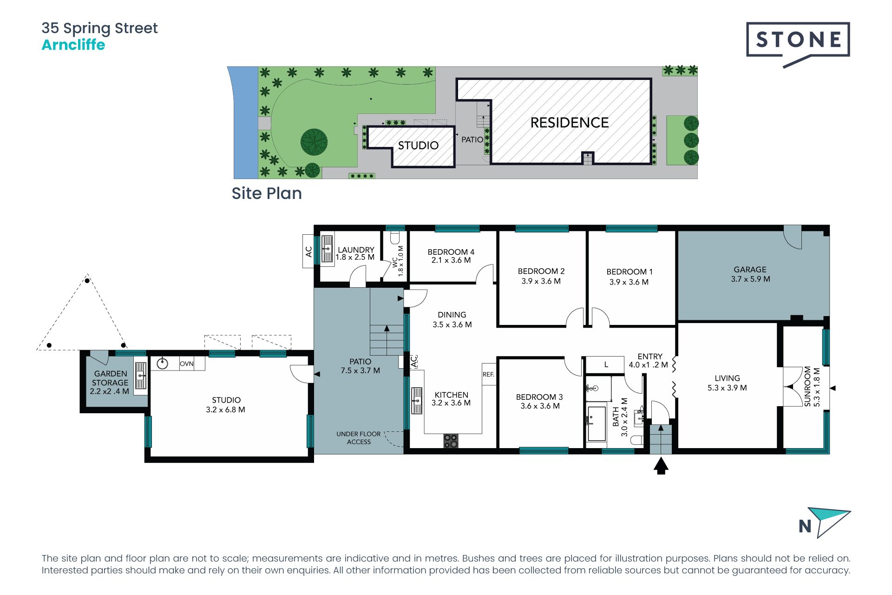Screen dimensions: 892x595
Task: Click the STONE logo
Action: tap(798, 45)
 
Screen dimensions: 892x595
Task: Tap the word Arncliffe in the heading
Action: tap(73, 45)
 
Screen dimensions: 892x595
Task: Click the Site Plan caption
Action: tap(267, 193)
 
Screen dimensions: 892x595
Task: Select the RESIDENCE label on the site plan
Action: tap(570, 123)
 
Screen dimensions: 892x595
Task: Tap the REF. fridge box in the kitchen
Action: tap(489, 374)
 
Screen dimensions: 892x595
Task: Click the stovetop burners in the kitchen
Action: tap(451, 441)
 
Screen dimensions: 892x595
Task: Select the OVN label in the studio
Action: tap(187, 364)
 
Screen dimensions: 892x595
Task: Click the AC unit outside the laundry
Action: tap(308, 251)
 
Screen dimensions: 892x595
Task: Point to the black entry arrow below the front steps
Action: tap(661, 466)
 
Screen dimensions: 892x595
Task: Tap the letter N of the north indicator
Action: tap(805, 526)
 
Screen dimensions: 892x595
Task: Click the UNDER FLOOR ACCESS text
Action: tap(359, 438)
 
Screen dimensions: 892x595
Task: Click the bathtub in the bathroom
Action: tap(597, 423)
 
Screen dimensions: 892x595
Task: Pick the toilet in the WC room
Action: tap(395, 238)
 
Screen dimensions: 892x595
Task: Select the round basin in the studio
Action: tap(162, 363)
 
